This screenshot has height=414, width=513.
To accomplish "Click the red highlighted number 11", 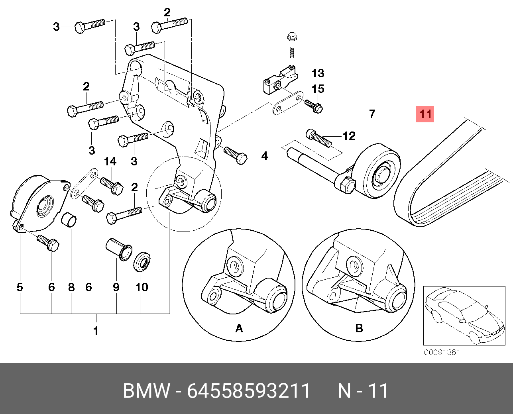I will [425, 114].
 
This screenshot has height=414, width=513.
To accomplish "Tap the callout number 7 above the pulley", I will [372, 114].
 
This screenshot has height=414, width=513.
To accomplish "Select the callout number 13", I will [318, 73].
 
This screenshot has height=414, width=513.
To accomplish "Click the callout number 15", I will [318, 89].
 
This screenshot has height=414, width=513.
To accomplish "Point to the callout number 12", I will [349, 136].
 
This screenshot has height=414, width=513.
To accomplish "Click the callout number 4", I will [264, 156].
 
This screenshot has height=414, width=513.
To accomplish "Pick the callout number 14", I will [110, 161].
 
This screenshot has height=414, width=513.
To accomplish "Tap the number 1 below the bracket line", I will [96, 330].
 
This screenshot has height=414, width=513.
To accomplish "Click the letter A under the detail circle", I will [239, 328].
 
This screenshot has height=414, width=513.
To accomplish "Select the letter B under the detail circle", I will [359, 328].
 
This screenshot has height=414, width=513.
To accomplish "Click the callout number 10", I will [142, 287].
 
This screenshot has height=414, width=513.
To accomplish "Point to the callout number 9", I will [116, 287].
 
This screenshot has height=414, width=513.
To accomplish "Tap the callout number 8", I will [71, 287].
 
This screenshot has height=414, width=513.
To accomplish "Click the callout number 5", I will [20, 287].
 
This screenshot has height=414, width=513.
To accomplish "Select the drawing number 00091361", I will [442, 353].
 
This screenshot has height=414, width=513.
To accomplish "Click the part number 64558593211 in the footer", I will [249, 391].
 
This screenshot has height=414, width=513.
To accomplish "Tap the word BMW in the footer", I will [146, 391].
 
